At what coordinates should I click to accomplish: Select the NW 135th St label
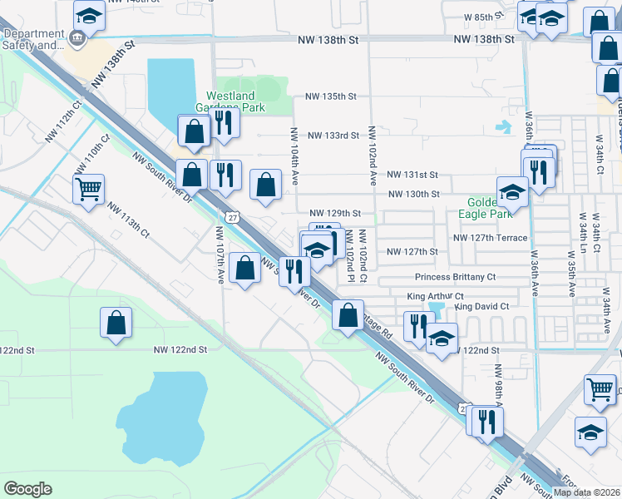(331, 96)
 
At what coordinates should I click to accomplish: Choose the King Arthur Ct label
(435, 296)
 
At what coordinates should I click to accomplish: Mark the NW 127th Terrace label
(490, 238)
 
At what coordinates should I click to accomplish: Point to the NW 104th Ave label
(294, 157)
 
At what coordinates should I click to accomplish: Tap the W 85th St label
(485, 16)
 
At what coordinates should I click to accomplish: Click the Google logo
(27, 489)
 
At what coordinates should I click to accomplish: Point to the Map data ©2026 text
(586, 492)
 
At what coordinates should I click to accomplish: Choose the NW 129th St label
(335, 214)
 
